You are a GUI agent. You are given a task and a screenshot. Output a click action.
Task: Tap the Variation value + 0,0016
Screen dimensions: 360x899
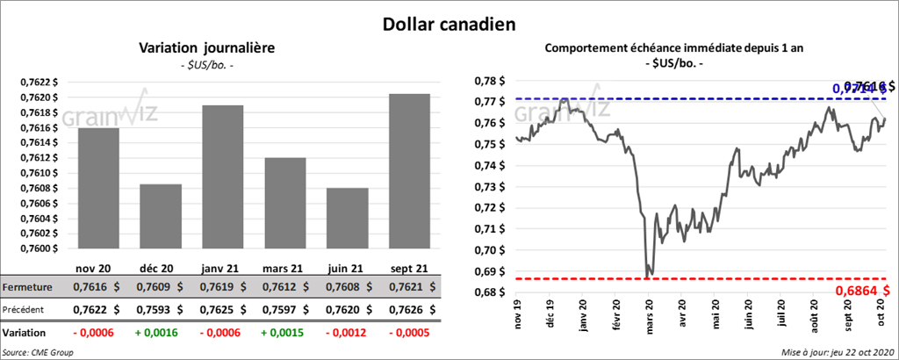(160, 333)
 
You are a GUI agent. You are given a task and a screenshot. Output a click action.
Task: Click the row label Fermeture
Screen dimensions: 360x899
(27, 287)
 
